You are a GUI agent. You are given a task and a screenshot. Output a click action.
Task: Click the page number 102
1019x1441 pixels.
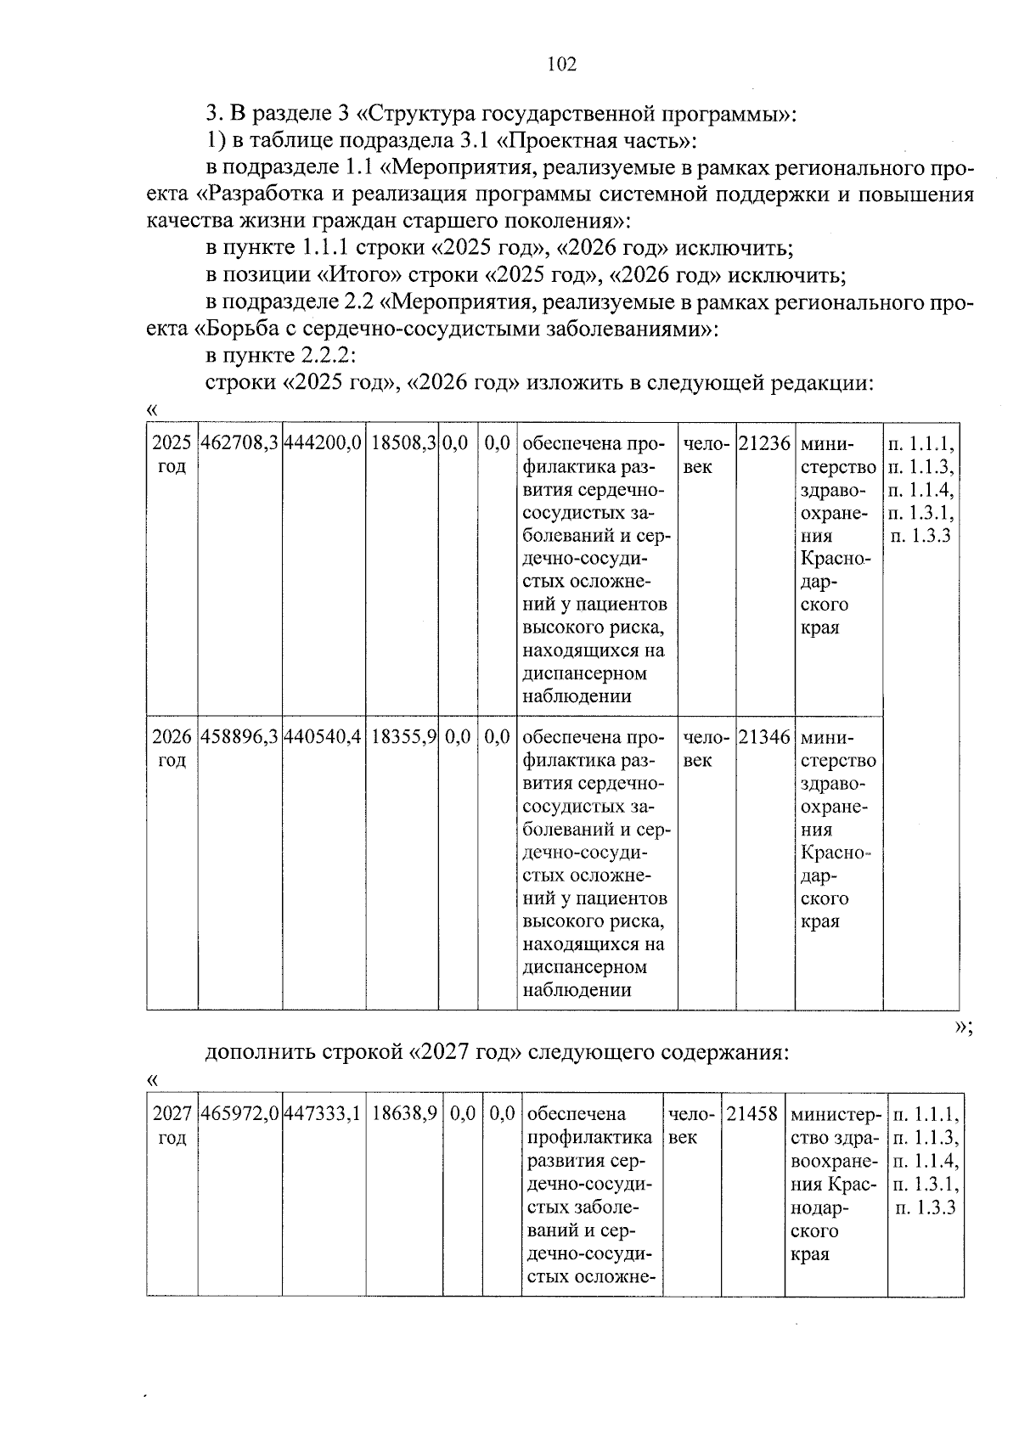[x=561, y=65]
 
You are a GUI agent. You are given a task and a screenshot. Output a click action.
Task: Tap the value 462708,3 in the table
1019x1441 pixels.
[x=239, y=443]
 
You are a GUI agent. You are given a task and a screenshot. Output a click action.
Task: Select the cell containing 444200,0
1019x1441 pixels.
[x=324, y=443]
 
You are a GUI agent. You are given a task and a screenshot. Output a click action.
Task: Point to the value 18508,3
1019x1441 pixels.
[x=404, y=443]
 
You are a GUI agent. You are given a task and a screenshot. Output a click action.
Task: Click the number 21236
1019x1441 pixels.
[x=764, y=443]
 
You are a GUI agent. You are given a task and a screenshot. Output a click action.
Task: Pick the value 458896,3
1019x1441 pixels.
[x=239, y=738]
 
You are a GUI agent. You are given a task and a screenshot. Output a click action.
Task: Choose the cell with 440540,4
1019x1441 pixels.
[x=324, y=738]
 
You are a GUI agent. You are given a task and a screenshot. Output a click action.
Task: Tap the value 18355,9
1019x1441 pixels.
[x=404, y=738]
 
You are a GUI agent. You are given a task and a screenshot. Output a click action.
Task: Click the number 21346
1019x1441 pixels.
[x=764, y=738]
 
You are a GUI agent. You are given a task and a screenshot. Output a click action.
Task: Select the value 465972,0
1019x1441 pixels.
[x=239, y=1114]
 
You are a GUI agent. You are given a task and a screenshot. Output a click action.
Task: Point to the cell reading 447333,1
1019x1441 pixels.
[x=324, y=1114]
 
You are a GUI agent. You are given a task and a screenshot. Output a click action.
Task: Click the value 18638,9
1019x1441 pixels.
[x=404, y=1114]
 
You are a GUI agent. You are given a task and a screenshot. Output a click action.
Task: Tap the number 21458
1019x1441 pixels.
[x=752, y=1114]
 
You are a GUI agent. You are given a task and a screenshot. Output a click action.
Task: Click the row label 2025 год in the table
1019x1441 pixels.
[x=172, y=455]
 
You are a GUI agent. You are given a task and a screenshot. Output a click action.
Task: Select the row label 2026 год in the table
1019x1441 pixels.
[x=172, y=749]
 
